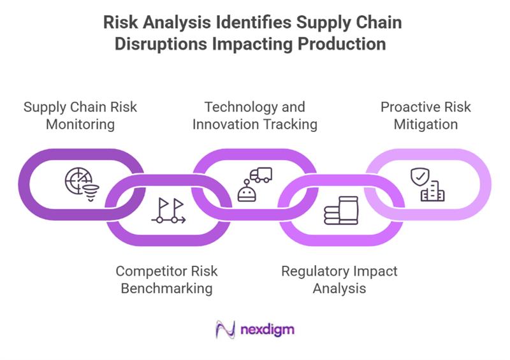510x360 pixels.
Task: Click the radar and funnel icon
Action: pos(80,183)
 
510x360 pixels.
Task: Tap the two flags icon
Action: pos(168,211)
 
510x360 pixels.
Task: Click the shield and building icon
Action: pos(426,184)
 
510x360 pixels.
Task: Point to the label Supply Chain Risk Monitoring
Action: pos(80,115)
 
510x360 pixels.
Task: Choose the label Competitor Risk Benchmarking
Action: pos(166,279)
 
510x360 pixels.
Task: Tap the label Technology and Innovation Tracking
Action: pos(255,115)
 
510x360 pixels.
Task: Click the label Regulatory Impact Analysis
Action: pos(339,279)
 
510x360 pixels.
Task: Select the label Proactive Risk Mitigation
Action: pos(425,115)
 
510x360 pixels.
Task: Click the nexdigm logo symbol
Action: pos(224,329)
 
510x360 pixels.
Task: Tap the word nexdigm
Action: pos(267,330)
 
